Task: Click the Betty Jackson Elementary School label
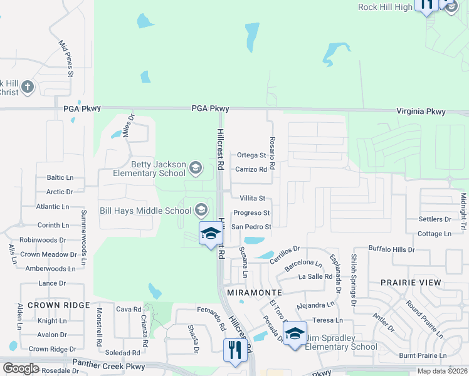coord(149,169)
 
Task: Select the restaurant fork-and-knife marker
coord(234,350)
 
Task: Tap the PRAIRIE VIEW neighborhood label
coord(411,283)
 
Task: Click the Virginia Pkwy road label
coord(421,112)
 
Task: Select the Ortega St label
coord(251,155)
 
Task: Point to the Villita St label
coord(253,198)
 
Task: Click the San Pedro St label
coord(251,227)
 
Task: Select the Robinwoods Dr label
coord(43,240)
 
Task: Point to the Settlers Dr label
coord(435,220)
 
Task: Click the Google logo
coord(21,368)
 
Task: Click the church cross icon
coord(27,87)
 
